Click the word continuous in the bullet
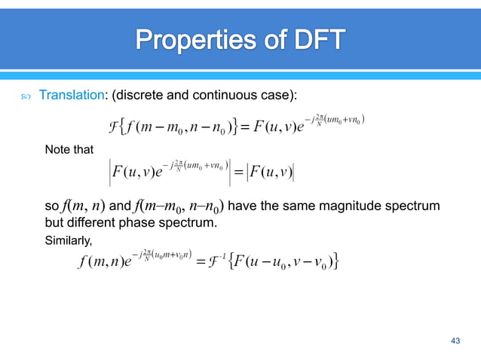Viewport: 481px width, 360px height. click(219, 96)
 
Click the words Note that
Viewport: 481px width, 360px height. click(69, 149)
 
